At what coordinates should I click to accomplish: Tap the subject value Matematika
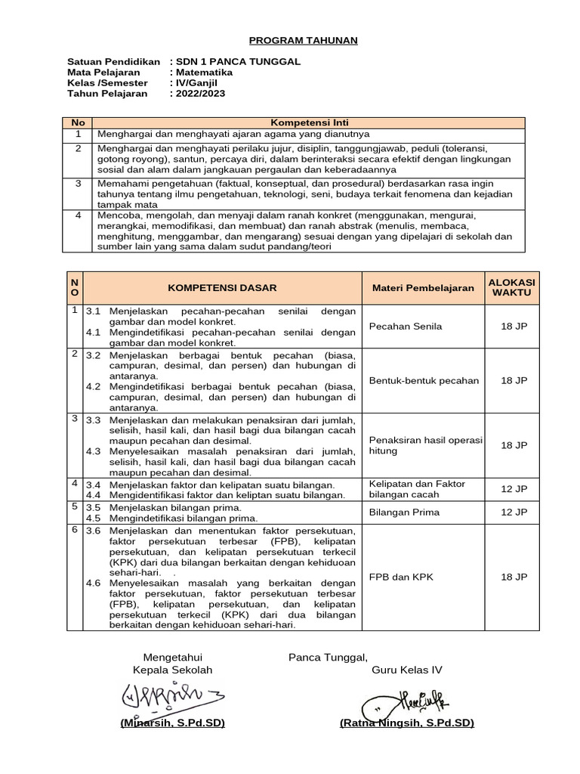[205, 73]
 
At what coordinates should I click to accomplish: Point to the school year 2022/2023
[200, 94]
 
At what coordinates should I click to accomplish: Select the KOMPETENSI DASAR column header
[222, 288]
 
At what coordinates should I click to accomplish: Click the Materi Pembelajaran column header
[423, 288]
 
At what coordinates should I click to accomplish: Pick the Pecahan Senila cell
[406, 327]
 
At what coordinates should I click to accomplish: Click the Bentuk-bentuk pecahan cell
[424, 380]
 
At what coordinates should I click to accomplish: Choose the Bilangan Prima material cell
[405, 512]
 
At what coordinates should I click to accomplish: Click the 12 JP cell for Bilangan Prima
[514, 512]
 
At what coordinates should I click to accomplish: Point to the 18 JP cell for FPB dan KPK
[514, 577]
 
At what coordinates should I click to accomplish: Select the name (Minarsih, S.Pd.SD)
[172, 723]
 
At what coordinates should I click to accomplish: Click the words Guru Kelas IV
[406, 670]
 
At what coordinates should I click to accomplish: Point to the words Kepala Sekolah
[172, 670]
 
